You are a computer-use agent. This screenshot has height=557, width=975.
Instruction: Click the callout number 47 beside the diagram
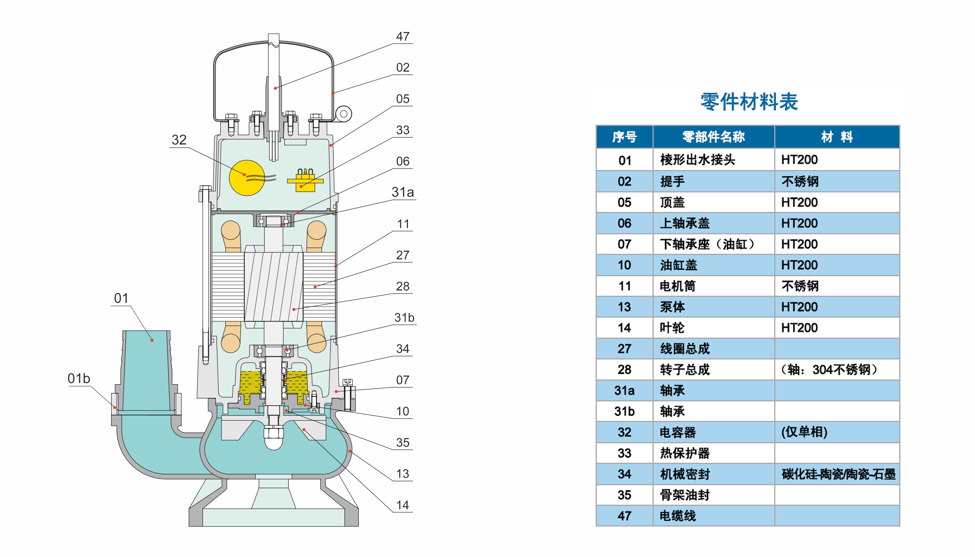(403, 36)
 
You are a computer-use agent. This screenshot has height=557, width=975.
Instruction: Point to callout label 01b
(79, 378)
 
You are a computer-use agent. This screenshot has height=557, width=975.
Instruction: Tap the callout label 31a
(403, 192)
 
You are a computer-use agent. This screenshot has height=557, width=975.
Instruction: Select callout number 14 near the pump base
(403, 505)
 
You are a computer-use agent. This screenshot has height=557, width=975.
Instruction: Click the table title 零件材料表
(749, 102)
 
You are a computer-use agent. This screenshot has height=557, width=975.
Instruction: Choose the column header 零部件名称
(714, 137)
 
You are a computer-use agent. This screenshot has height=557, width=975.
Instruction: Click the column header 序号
(624, 137)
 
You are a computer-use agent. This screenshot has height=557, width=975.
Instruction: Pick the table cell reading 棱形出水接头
(697, 159)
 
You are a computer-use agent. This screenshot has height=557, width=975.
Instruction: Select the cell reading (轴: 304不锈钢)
(829, 370)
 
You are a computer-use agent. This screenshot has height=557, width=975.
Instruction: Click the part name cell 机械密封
(685, 474)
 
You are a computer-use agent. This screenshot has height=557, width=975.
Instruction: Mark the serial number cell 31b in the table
(624, 411)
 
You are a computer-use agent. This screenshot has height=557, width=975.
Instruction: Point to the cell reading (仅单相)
(804, 432)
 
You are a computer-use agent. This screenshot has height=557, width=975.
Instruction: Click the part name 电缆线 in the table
(678, 516)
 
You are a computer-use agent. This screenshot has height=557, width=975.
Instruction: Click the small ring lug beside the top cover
(343, 114)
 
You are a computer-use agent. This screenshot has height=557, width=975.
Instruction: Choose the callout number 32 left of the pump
(179, 140)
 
